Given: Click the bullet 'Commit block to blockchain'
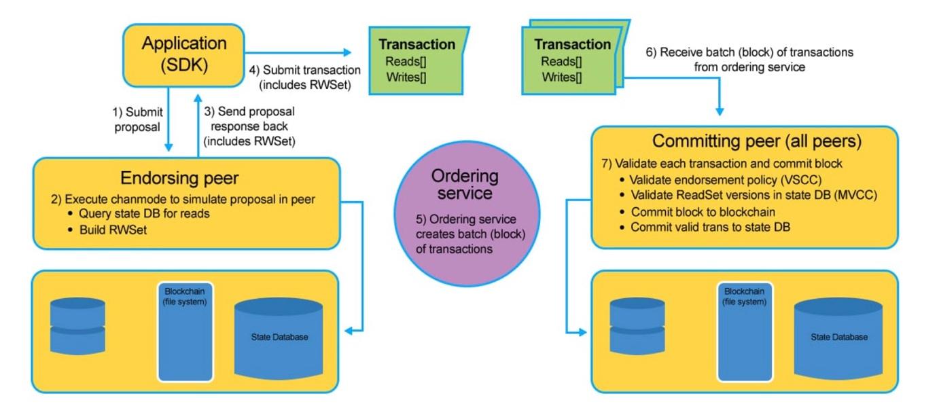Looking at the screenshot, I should pyautogui.click(x=703, y=211).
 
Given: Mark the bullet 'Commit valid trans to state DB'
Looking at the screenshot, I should pyautogui.click(x=710, y=226).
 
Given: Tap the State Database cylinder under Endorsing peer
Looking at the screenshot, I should pyautogui.click(x=289, y=336).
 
